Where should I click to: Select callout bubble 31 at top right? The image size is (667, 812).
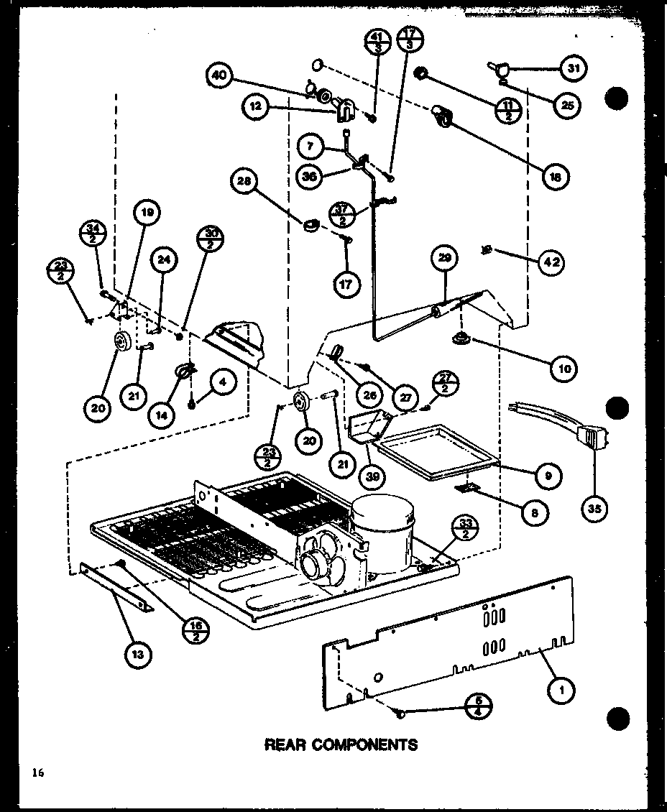573,69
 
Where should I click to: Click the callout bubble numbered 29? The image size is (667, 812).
446,259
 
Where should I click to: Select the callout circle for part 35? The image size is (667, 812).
596,508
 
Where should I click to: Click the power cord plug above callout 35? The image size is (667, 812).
591,435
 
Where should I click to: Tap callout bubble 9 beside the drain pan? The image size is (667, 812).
548,475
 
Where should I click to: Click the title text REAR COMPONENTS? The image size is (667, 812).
341,744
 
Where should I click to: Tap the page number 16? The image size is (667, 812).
37,773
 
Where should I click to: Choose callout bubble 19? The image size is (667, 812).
146,213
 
